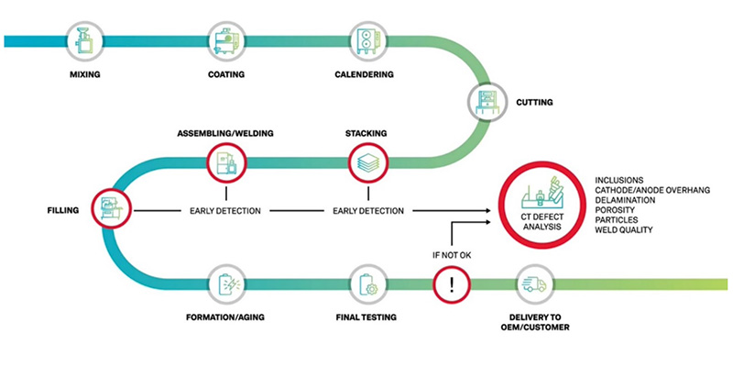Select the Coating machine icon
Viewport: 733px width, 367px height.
224,42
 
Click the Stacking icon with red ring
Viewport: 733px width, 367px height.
366,164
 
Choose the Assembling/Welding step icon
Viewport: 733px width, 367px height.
224,164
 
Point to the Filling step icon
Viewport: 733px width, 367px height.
109,209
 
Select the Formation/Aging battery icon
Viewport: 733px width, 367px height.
224,284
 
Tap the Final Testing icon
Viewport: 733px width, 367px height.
366,284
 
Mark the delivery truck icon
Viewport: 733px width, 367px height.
534,284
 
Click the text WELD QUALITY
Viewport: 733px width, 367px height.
624,229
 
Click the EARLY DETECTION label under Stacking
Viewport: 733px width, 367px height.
366,210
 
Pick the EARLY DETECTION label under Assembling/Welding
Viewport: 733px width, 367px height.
224,210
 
